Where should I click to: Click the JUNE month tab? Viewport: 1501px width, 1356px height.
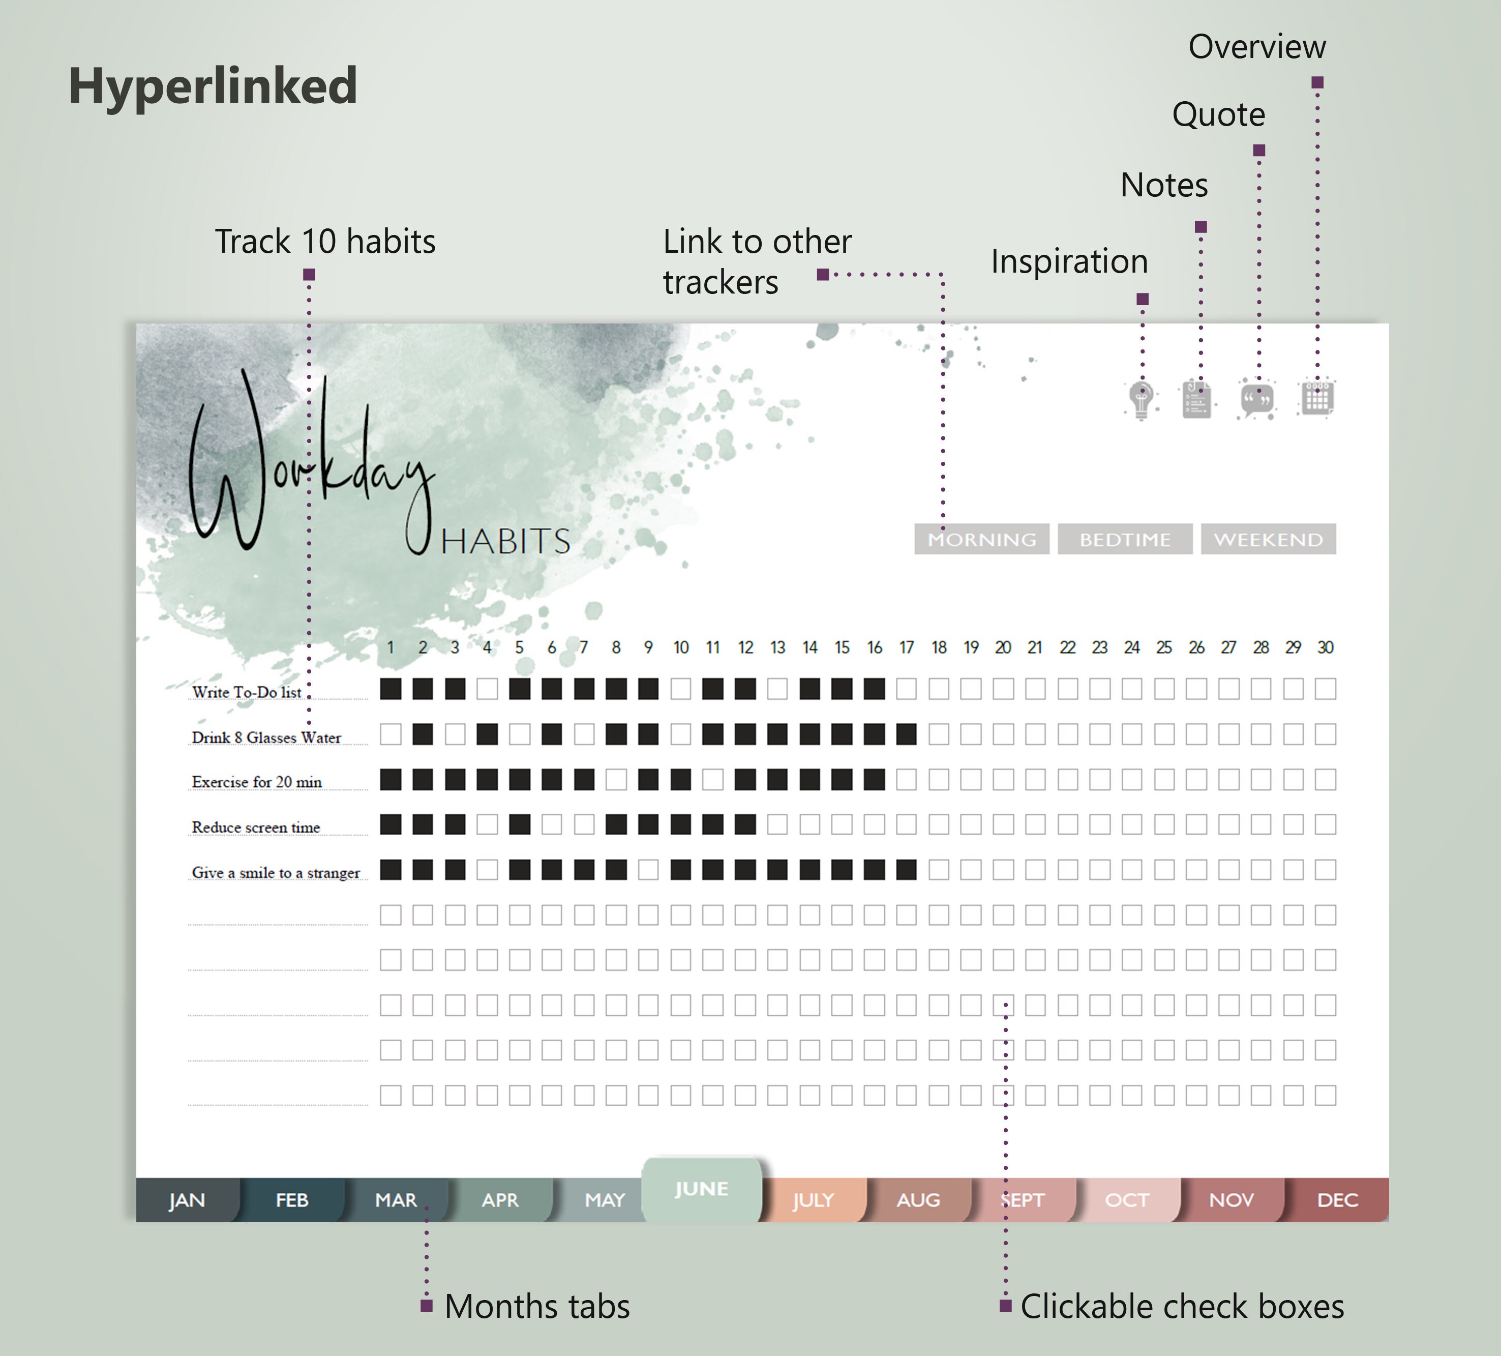(x=701, y=1189)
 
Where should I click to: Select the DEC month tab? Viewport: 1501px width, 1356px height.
(x=1337, y=1200)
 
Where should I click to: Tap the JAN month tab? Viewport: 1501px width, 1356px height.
(x=186, y=1200)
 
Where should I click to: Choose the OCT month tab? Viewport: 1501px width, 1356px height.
(x=1126, y=1200)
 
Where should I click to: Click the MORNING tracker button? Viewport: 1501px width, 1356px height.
(x=981, y=539)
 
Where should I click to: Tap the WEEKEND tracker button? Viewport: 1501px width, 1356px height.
(x=1268, y=539)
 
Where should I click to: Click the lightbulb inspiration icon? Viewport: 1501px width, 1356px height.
(x=1142, y=400)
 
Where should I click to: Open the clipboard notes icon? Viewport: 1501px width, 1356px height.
(x=1196, y=400)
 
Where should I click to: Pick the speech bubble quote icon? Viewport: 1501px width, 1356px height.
(x=1257, y=400)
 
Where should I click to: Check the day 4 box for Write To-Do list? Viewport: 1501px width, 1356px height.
(x=487, y=689)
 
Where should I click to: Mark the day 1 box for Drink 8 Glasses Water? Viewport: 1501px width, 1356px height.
(x=390, y=735)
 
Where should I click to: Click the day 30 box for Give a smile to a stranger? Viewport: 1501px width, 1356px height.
(x=1325, y=870)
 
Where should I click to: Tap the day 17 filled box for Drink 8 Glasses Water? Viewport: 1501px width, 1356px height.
(x=906, y=735)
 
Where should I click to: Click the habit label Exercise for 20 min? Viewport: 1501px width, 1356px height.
(x=257, y=782)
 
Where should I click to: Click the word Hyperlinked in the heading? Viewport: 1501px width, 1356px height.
(x=213, y=85)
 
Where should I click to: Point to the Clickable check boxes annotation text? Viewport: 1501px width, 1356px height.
(x=1182, y=1307)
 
